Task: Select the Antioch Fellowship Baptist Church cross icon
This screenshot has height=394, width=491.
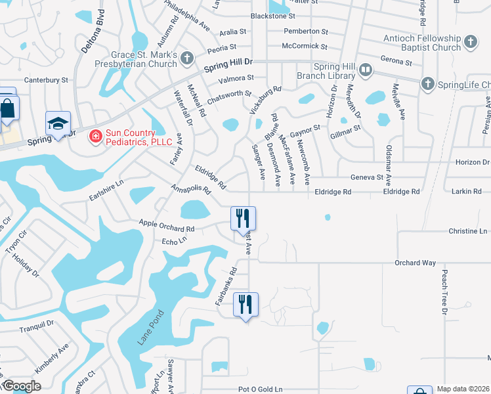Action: (x=470, y=43)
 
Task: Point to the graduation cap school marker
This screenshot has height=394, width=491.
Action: (x=58, y=123)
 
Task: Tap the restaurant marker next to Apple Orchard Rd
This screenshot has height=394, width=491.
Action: (x=243, y=217)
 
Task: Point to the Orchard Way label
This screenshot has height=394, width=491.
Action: (x=415, y=263)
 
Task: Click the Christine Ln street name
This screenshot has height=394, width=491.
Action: (x=468, y=232)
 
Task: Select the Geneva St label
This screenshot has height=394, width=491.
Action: (x=366, y=177)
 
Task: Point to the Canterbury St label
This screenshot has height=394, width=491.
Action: (x=46, y=80)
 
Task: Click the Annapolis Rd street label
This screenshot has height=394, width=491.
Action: (x=190, y=189)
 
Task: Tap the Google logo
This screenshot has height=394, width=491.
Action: (x=21, y=386)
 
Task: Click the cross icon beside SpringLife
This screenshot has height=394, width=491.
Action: (x=427, y=83)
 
